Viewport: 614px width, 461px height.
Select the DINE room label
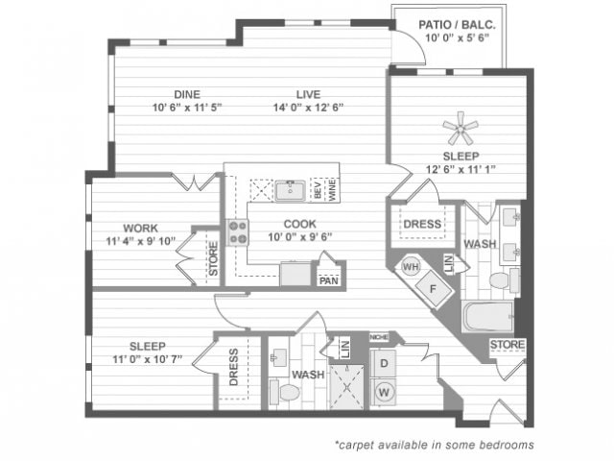pyautogui.click(x=186, y=93)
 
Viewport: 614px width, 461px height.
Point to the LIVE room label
pyautogui.click(x=307, y=93)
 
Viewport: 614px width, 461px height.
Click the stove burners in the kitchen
pyautogui.click(x=237, y=233)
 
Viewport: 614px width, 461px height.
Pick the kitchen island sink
pyautogui.click(x=290, y=190)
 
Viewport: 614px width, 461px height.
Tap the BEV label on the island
pyautogui.click(x=318, y=190)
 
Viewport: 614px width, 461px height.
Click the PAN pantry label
pyautogui.click(x=329, y=280)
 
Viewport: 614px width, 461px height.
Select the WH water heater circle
pyautogui.click(x=411, y=267)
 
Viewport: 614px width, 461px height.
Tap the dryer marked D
pyautogui.click(x=385, y=363)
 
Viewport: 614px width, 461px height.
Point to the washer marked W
pyautogui.click(x=385, y=392)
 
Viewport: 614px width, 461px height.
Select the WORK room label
pyautogui.click(x=140, y=228)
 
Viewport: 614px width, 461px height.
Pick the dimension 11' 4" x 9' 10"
pyautogui.click(x=140, y=241)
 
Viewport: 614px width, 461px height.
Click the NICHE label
pyautogui.click(x=379, y=337)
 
